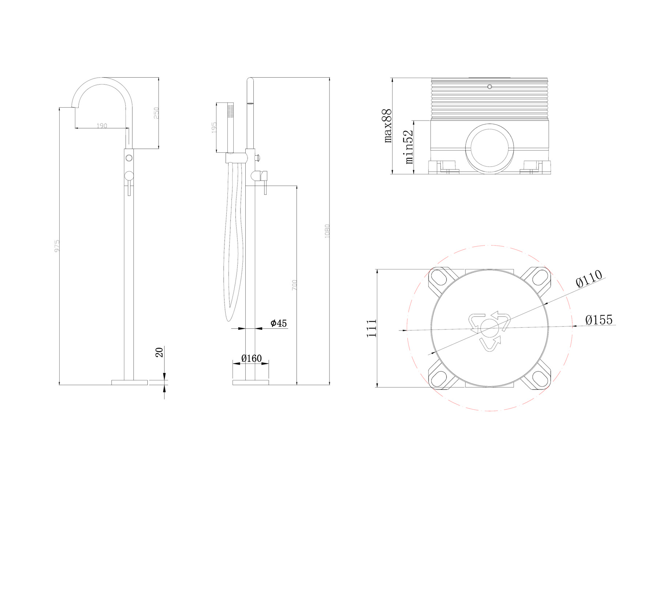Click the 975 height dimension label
(x=57, y=246)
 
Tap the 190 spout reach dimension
(x=102, y=126)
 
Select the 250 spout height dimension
(x=156, y=113)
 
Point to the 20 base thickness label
(x=159, y=352)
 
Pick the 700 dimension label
(x=295, y=285)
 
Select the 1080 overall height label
(x=327, y=231)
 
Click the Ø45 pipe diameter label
(x=279, y=323)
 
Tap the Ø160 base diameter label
(x=252, y=358)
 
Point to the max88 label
(x=388, y=126)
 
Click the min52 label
(x=409, y=147)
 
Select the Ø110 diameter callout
(x=589, y=279)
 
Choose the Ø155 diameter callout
(x=599, y=320)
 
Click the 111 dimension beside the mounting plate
(x=372, y=328)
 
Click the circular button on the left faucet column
(x=129, y=158)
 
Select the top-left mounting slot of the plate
(x=438, y=278)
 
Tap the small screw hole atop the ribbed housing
(x=490, y=87)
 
